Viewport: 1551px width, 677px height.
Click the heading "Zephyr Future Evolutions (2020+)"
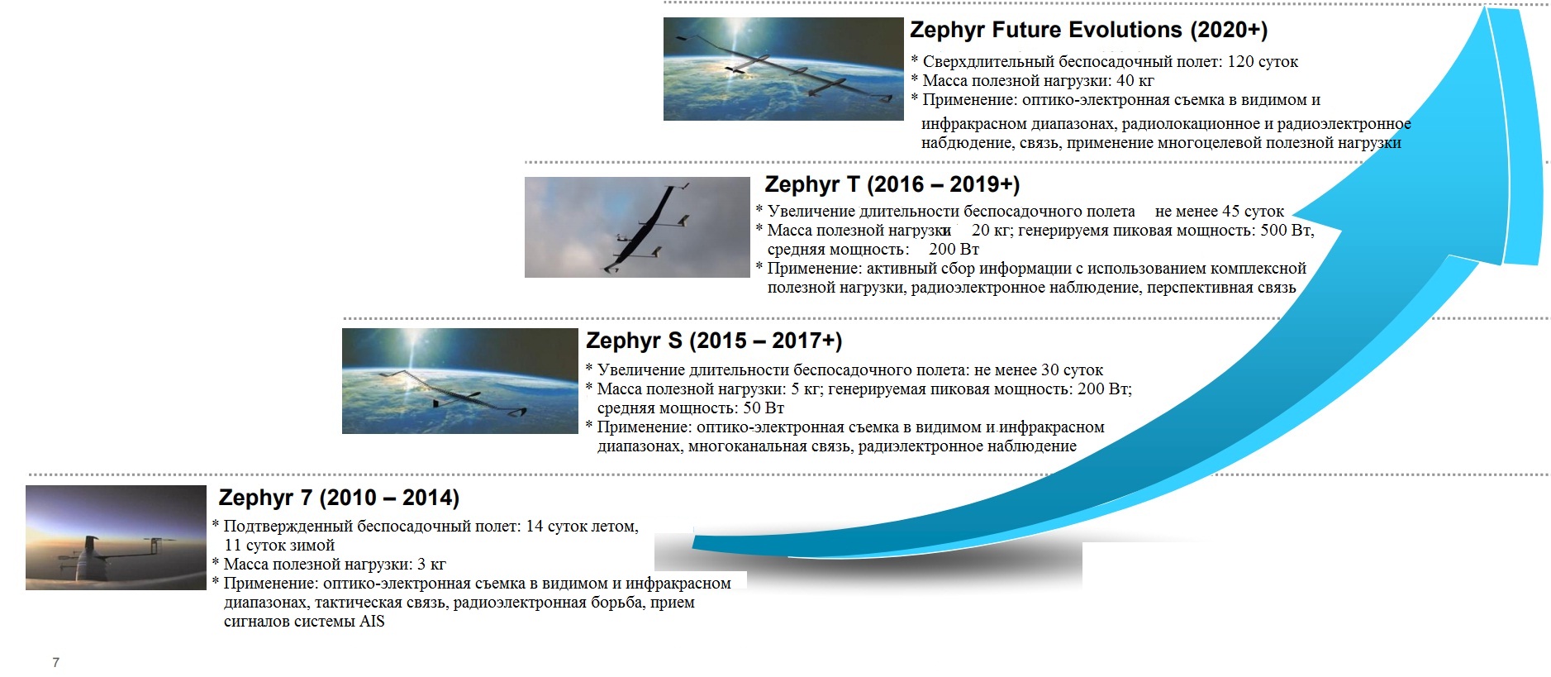(1088, 31)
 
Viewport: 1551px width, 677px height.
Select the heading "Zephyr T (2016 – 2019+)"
(892, 184)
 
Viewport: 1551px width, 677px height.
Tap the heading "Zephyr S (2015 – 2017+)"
(714, 341)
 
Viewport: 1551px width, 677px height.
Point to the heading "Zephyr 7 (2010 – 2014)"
(339, 498)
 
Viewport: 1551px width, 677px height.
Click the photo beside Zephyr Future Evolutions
(783, 69)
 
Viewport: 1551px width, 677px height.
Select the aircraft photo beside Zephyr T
(637, 227)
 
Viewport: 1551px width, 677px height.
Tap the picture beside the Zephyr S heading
(460, 381)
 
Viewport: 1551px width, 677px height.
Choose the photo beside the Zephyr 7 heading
(116, 537)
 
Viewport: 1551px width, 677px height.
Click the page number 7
(55, 662)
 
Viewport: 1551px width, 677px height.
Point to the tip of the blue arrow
(1487, 8)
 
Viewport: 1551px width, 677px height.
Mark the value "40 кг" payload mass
(1135, 81)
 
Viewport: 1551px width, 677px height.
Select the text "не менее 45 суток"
(1220, 212)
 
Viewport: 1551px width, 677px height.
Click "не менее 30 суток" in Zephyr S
(1039, 370)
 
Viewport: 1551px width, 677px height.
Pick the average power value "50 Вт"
(764, 408)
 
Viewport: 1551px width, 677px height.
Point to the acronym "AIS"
(372, 622)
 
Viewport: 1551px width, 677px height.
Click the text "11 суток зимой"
(279, 546)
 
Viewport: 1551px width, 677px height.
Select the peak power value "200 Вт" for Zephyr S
(1104, 389)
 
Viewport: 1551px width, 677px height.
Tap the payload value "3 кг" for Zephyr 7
(431, 565)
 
